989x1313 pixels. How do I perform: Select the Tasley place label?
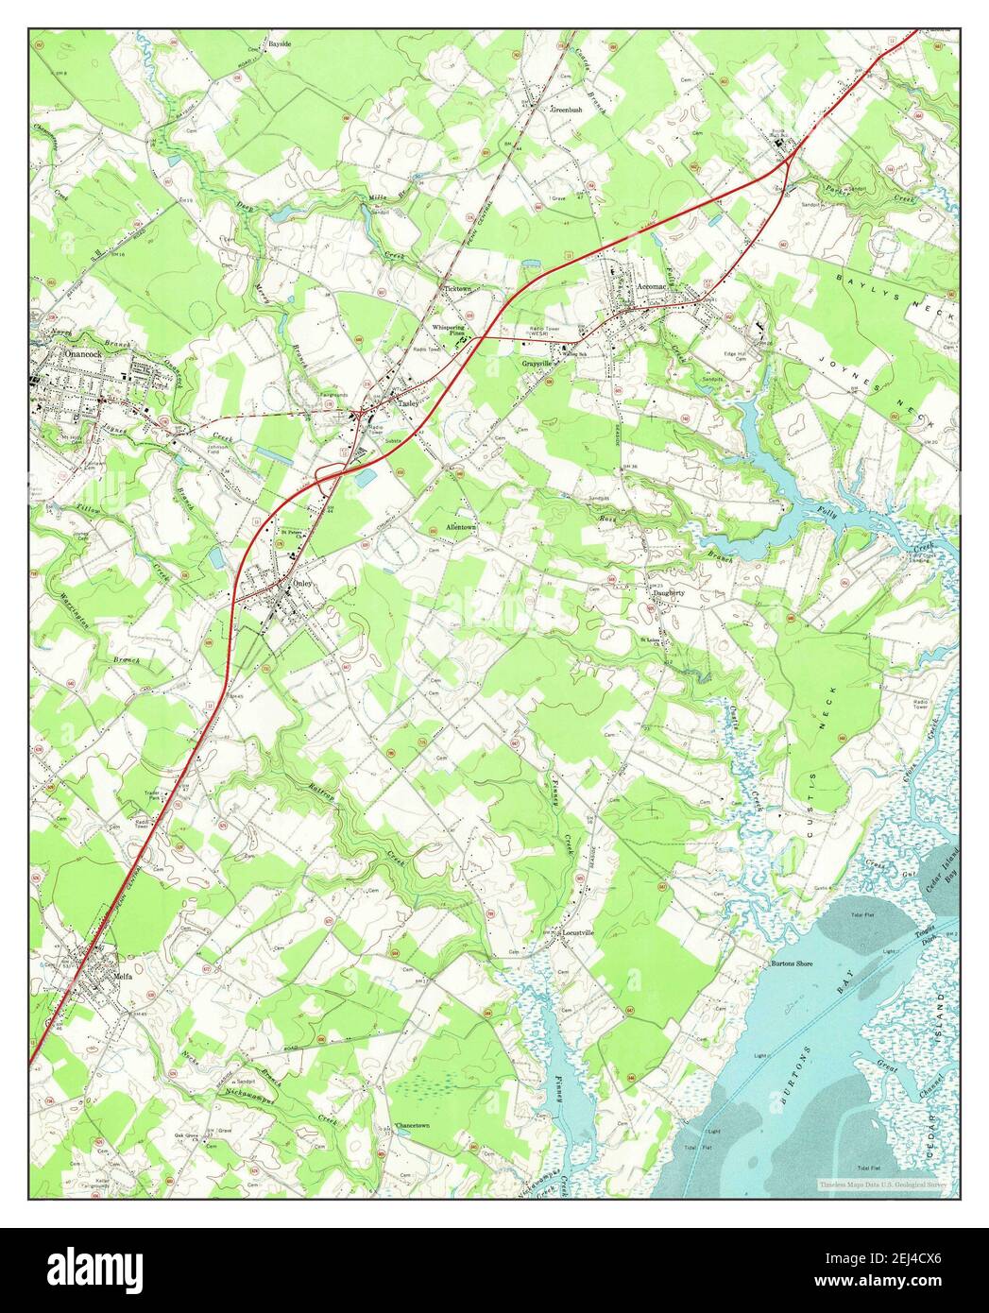(x=407, y=402)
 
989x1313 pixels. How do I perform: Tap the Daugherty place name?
(x=669, y=592)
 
